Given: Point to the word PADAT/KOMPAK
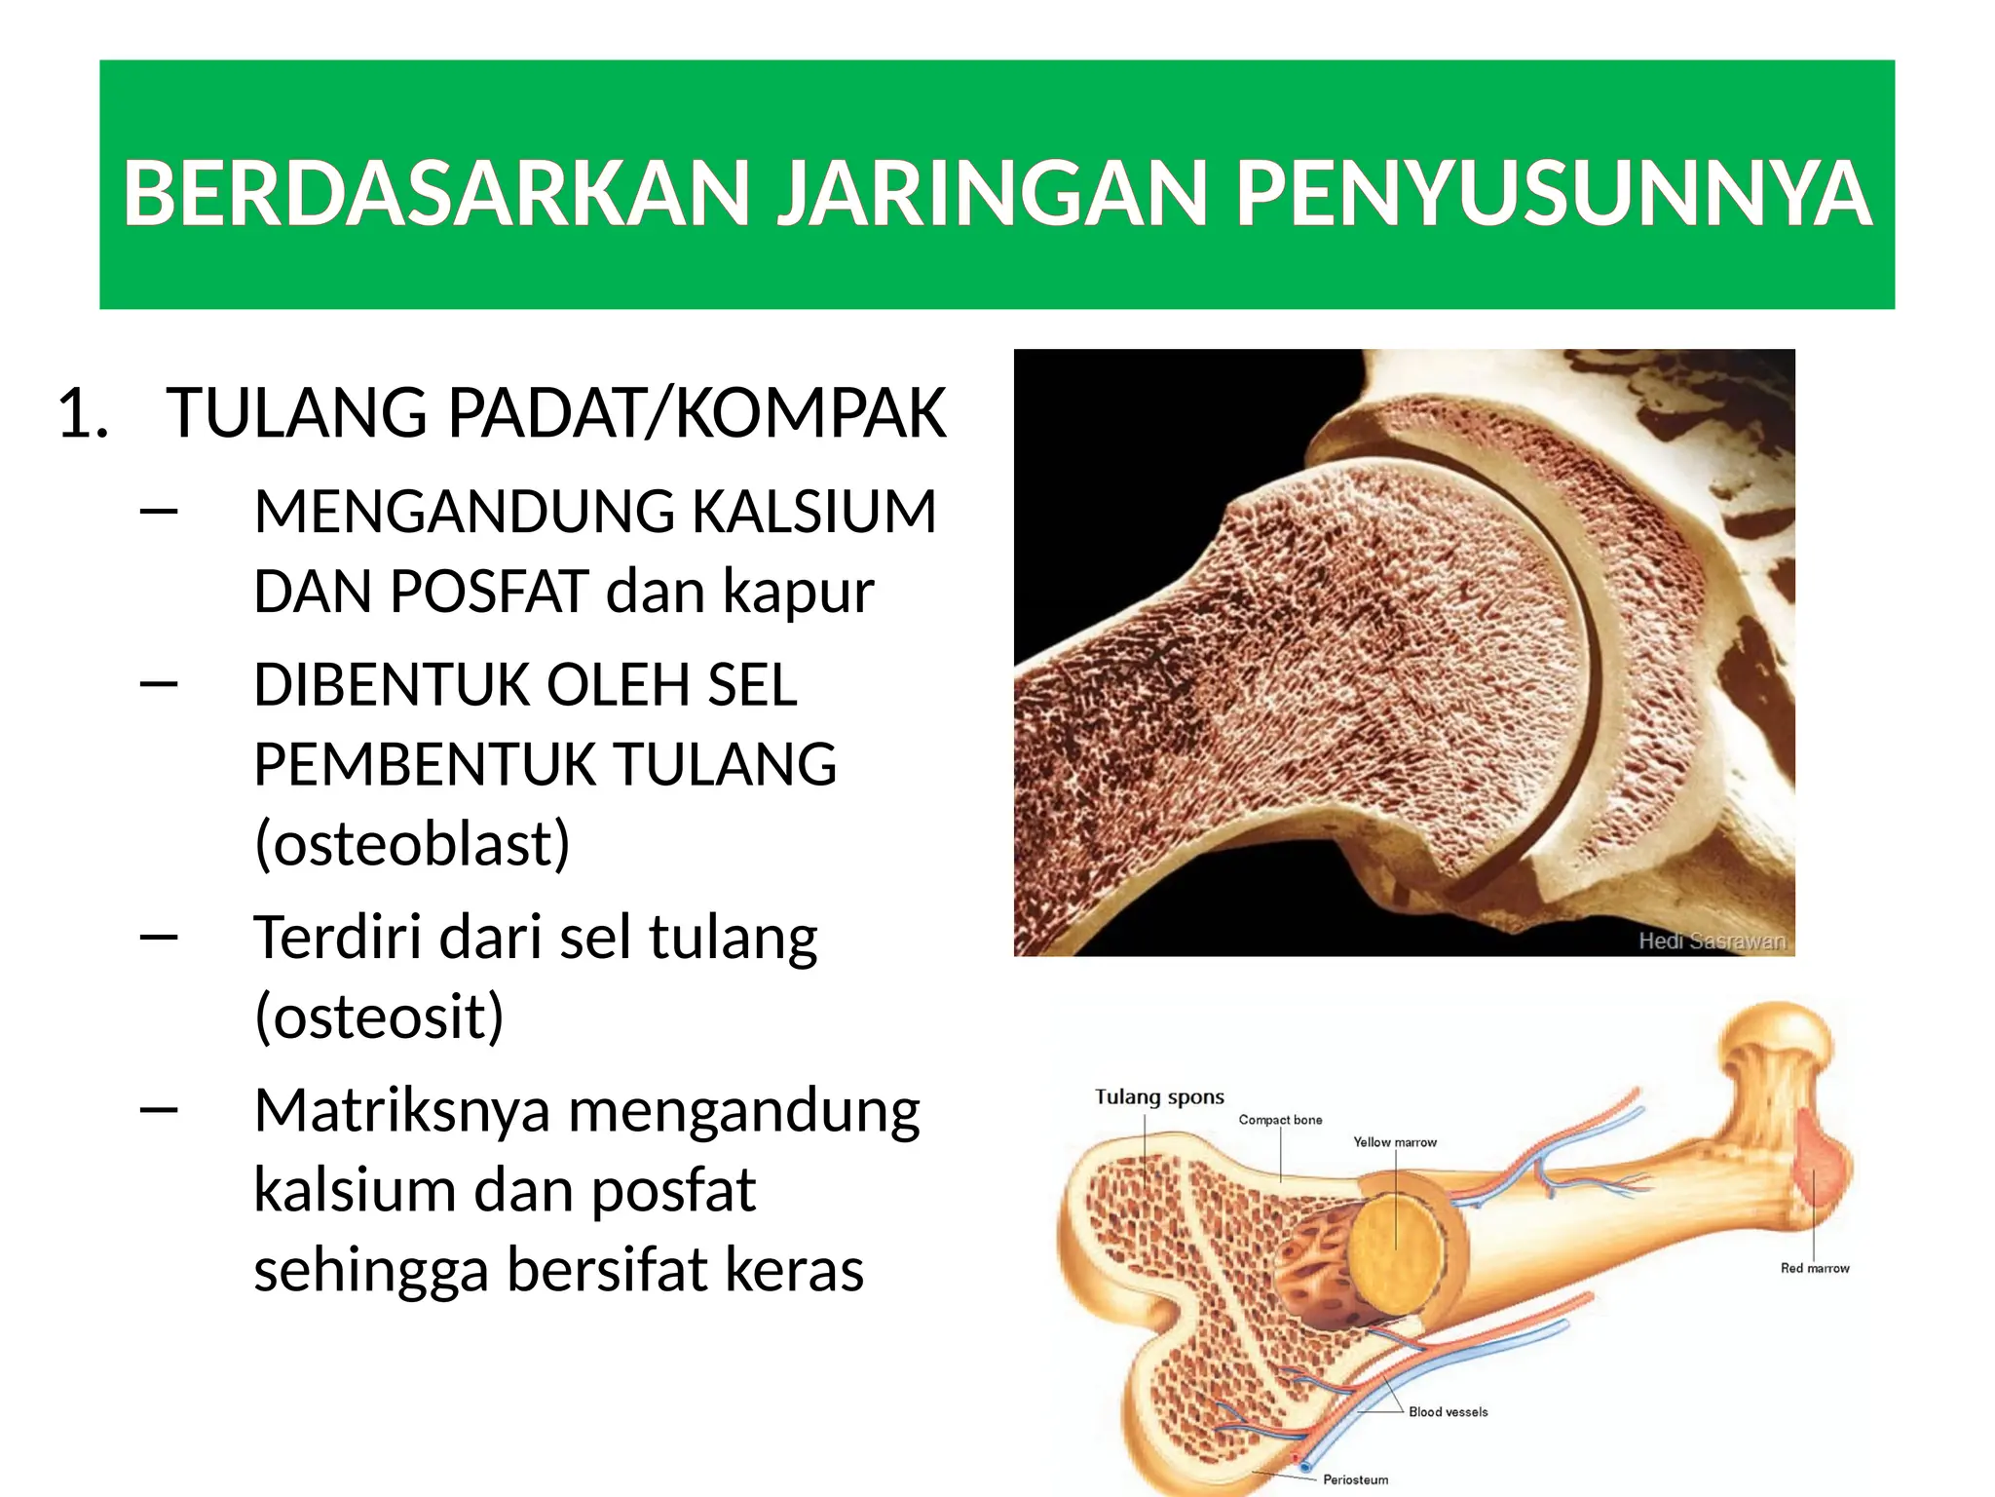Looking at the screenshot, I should pos(696,413).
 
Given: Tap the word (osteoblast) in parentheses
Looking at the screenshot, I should pos(411,843).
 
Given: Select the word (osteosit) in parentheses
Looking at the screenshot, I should pos(379,1016).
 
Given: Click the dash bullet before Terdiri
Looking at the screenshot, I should pos(159,938).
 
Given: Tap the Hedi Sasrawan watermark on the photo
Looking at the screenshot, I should pos(1712,940).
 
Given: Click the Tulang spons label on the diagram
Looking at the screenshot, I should pos(1159,1096).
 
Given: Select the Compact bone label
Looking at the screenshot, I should pos(1280,1120).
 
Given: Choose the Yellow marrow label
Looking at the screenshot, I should pos(1394,1142).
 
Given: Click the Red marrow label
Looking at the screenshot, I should pos(1814,1268).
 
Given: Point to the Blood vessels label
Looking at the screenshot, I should pos(1448,1411).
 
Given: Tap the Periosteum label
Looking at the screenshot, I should pos(1355,1479).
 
